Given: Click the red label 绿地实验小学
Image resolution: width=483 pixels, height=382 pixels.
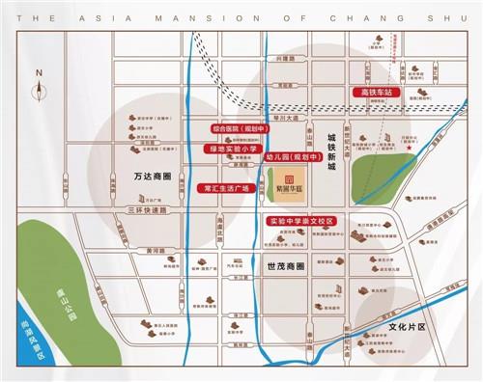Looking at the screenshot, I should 231,150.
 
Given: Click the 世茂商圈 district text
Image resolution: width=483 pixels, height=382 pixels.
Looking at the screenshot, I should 287,263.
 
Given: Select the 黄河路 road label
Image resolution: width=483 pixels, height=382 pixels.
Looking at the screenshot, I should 155,249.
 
